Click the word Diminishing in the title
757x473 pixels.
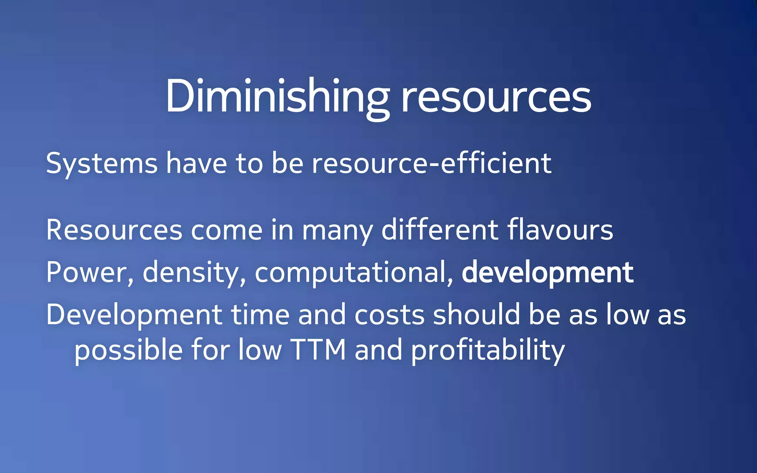tap(277, 97)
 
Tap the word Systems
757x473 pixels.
tap(102, 163)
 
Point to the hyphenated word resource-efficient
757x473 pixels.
tap(431, 163)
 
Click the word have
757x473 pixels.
tap(196, 163)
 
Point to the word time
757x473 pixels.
tap(260, 315)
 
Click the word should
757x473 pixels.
tap(476, 315)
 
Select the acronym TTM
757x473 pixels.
tap(318, 350)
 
